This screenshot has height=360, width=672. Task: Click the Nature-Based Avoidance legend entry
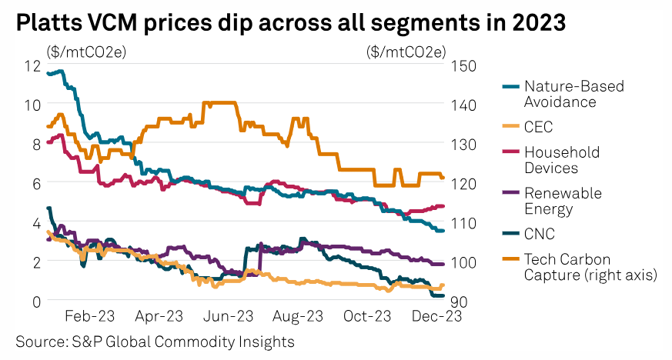(573, 94)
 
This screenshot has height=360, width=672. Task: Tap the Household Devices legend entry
(561, 160)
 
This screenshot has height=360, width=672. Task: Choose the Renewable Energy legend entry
(563, 201)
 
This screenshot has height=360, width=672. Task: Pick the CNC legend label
(539, 234)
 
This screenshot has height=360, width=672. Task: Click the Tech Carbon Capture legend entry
(590, 266)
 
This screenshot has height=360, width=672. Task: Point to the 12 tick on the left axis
(32, 65)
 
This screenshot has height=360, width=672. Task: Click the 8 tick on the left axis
(35, 144)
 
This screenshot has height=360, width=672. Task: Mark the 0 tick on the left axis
(35, 301)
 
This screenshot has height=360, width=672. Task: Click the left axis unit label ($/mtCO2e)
(87, 52)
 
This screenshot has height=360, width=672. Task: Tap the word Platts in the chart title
(48, 24)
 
